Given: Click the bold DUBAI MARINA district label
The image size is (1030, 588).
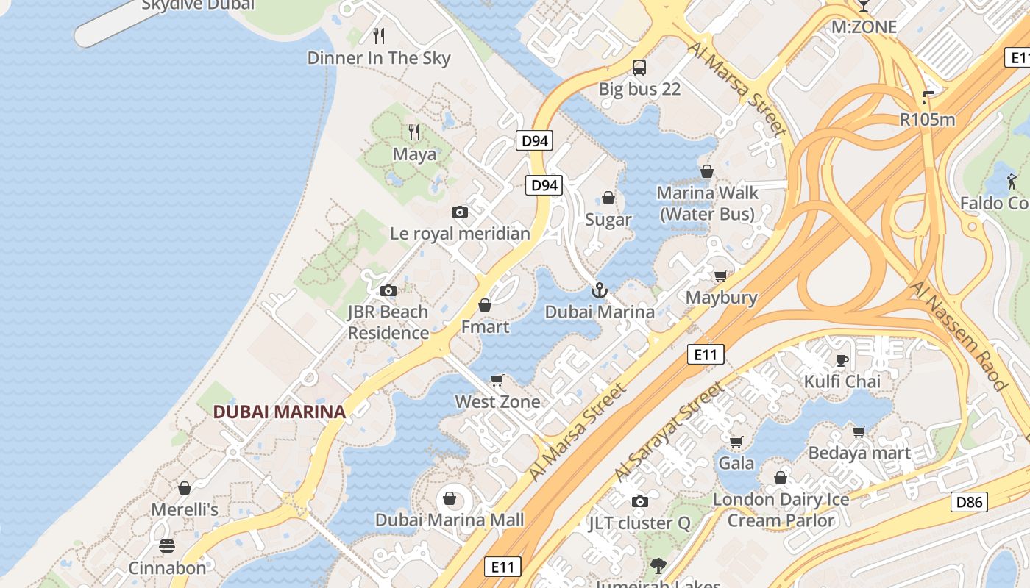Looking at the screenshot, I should pos(280,412).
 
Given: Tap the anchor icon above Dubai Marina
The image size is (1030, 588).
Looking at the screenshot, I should pos(600,290).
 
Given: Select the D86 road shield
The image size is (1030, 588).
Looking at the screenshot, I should pos(969,503).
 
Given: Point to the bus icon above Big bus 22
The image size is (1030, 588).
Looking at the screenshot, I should pos(639,68).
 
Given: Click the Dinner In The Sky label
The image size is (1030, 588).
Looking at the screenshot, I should pos(379,58).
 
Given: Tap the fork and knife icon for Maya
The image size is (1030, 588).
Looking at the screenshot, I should pos(415,132).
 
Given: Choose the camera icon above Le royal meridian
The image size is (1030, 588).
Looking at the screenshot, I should pos(460,212).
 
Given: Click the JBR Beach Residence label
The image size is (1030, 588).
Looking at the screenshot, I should pos(388,322).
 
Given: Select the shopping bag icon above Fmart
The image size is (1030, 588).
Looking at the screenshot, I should pos(485,305).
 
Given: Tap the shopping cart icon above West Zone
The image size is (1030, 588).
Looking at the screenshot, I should pos(497,380).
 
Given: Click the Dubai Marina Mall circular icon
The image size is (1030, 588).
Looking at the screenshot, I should pos(450,499).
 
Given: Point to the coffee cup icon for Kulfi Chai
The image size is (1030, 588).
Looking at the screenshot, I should pos(842,360).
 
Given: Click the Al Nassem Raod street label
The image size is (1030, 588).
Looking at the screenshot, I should pos(958,334).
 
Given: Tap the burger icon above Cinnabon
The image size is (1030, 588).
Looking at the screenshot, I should pos(167,546).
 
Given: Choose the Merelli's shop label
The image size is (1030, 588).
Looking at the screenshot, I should pos(185,509).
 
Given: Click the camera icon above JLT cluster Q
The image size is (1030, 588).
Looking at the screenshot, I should pos(640,501).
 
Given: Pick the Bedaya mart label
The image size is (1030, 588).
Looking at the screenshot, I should pos(859,453).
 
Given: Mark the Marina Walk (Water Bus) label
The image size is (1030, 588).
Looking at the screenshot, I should pos(707,204).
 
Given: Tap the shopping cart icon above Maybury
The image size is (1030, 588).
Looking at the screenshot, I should pos(721,276).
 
